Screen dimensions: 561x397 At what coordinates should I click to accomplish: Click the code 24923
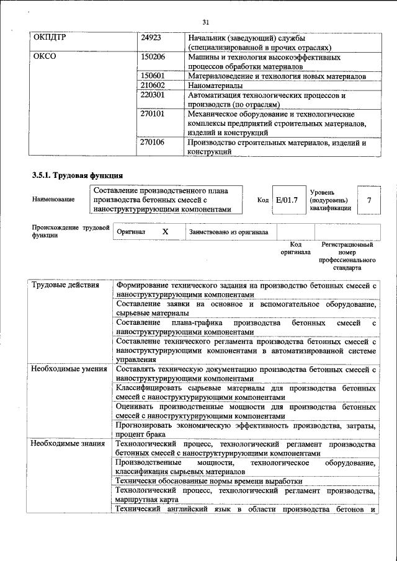(x=151, y=37)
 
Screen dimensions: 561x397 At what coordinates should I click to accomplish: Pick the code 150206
(x=153, y=56)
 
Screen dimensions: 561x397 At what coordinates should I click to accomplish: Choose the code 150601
(x=153, y=76)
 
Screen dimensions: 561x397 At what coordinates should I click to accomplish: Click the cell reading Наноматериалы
(x=215, y=86)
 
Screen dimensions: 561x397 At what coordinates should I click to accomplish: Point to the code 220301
(x=153, y=95)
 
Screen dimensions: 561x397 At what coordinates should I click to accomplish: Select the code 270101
(x=153, y=115)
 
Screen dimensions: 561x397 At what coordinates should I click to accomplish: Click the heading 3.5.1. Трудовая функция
(x=78, y=175)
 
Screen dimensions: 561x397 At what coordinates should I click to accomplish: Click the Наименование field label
(x=54, y=200)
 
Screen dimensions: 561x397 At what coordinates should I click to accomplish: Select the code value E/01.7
(x=287, y=200)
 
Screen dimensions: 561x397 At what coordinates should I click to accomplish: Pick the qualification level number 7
(x=370, y=200)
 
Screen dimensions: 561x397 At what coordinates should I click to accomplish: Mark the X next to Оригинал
(x=165, y=231)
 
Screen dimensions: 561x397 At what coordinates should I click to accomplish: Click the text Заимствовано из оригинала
(x=229, y=232)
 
